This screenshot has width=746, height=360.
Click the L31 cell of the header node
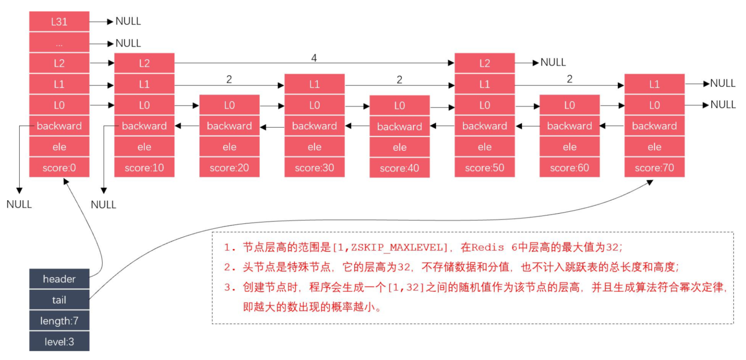click(x=59, y=22)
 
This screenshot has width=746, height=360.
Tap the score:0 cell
click(x=59, y=168)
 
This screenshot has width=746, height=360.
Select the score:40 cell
click(x=399, y=168)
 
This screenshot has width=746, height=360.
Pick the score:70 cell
click(x=654, y=168)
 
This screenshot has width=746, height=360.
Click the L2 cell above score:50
click(x=484, y=63)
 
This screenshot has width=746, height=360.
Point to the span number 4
click(x=314, y=58)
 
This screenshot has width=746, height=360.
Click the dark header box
click(x=59, y=279)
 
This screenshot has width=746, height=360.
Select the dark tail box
click(x=59, y=300)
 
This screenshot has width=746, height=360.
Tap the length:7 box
click(x=59, y=321)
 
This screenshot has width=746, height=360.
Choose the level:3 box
click(x=59, y=341)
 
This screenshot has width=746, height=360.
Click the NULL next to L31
click(x=128, y=21)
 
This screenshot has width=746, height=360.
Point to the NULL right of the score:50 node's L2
click(x=553, y=62)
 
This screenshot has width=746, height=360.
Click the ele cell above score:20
click(x=229, y=147)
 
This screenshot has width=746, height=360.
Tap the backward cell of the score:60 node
click(x=569, y=126)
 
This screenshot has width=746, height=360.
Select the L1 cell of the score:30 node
click(x=314, y=84)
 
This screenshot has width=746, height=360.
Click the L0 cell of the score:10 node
click(x=144, y=105)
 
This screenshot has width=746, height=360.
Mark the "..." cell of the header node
click(x=59, y=43)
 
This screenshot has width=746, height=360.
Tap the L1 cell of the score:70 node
click(x=654, y=84)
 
